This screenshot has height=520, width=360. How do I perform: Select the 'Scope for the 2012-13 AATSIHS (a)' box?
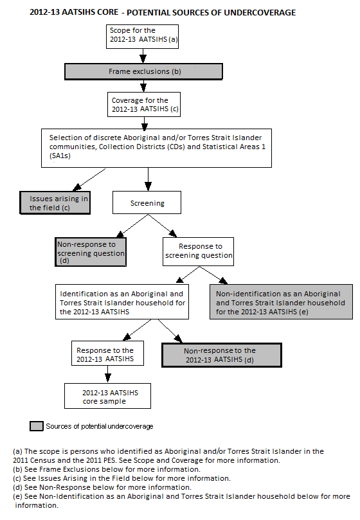pyautogui.click(x=143, y=35)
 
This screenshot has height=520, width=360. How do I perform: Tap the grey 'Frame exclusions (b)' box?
pyautogui.click(x=143, y=71)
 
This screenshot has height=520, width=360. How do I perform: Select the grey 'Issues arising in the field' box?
pyautogui.click(x=54, y=203)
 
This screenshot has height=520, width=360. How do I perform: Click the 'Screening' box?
pyautogui.click(x=148, y=203)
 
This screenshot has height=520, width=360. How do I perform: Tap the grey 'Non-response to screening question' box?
pyautogui.click(x=90, y=252)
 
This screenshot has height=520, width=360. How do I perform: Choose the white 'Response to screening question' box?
pyautogui.click(x=199, y=251)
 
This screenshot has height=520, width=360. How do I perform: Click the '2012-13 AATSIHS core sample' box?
pyautogui.click(x=107, y=397)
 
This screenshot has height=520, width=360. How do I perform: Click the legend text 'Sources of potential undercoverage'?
pyautogui.click(x=100, y=426)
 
